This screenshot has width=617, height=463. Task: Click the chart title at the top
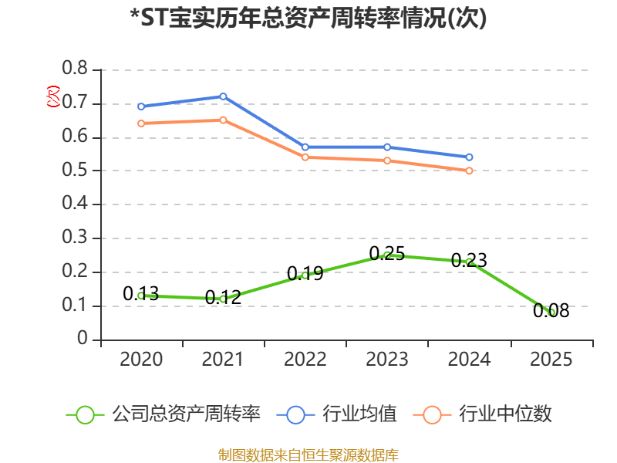coord(308,18)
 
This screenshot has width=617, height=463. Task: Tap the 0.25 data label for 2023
coord(387,254)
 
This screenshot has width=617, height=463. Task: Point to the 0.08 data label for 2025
coord(551,310)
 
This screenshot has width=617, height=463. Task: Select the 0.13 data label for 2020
coord(141,293)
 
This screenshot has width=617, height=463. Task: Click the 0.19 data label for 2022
coord(305,273)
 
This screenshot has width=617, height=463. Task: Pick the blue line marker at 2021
coord(223,96)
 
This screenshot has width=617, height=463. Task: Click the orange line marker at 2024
coord(469,171)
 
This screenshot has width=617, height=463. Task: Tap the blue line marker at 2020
coord(141,106)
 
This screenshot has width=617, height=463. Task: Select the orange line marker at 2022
coord(305,157)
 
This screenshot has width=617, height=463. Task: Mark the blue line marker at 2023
coord(387,147)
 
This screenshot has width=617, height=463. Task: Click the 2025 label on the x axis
coord(551,359)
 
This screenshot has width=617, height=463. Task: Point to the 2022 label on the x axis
coord(305,359)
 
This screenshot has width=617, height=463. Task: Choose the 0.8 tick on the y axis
coord(75,68)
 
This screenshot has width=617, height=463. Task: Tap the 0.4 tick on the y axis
coord(75,203)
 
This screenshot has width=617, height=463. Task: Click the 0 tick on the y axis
coord(83,338)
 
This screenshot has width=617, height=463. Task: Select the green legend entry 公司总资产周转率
coord(164,414)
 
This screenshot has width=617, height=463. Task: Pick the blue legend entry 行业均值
coord(337,414)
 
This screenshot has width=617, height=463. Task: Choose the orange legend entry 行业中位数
coord(483,414)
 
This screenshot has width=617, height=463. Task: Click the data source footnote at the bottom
coord(308,455)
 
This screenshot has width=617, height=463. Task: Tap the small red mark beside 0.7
coord(53,96)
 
